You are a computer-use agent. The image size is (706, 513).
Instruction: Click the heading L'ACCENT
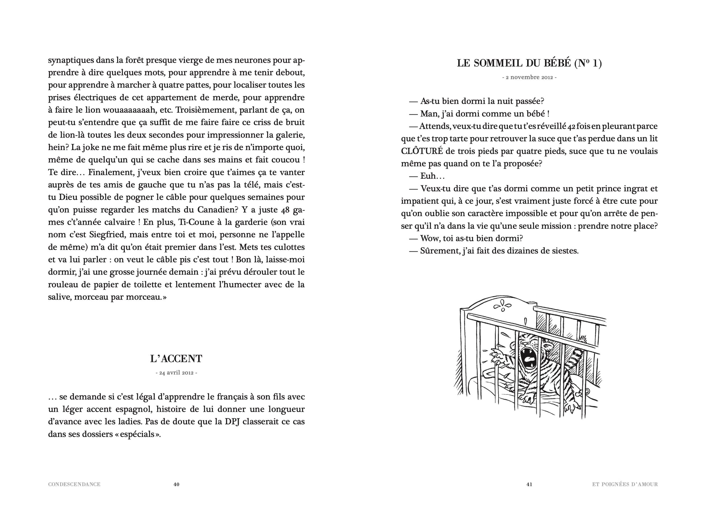coord(176,359)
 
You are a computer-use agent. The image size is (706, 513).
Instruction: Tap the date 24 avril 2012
coord(176,373)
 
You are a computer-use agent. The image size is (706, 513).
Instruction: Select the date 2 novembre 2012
coord(529,77)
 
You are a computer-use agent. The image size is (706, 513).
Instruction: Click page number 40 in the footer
coord(176,484)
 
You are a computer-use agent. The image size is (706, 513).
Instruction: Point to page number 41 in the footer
coord(529,484)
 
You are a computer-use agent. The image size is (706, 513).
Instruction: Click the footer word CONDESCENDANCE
coord(74,484)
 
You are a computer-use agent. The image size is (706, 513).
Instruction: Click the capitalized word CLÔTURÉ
coord(422,151)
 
